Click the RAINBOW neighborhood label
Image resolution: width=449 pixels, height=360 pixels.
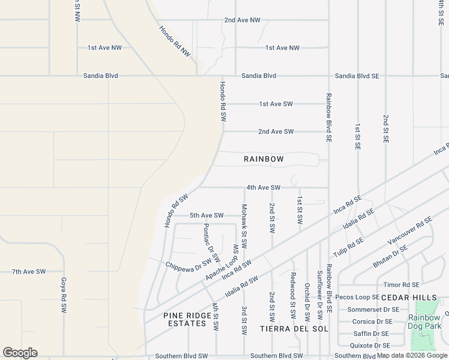coord(264,159)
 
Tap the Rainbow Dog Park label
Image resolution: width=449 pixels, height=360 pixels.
coord(424,322)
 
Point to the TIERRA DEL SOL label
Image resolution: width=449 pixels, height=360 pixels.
coord(294,329)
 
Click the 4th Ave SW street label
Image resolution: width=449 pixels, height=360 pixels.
coord(263,188)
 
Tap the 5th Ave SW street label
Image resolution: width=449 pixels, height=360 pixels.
coord(206,215)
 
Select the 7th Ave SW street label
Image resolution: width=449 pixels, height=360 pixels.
coord(28,272)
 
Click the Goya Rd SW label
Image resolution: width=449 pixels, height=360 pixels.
coord(63,295)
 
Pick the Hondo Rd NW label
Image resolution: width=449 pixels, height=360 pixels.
coord(175,41)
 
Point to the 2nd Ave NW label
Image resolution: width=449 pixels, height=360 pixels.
coord(243,20)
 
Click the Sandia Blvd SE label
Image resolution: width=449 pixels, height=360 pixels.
coord(357,76)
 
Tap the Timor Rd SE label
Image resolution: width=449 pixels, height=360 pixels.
coord(402,285)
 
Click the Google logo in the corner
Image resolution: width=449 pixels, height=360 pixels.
coord(20,353)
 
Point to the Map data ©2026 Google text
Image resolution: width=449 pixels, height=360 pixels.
coord(412,356)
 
